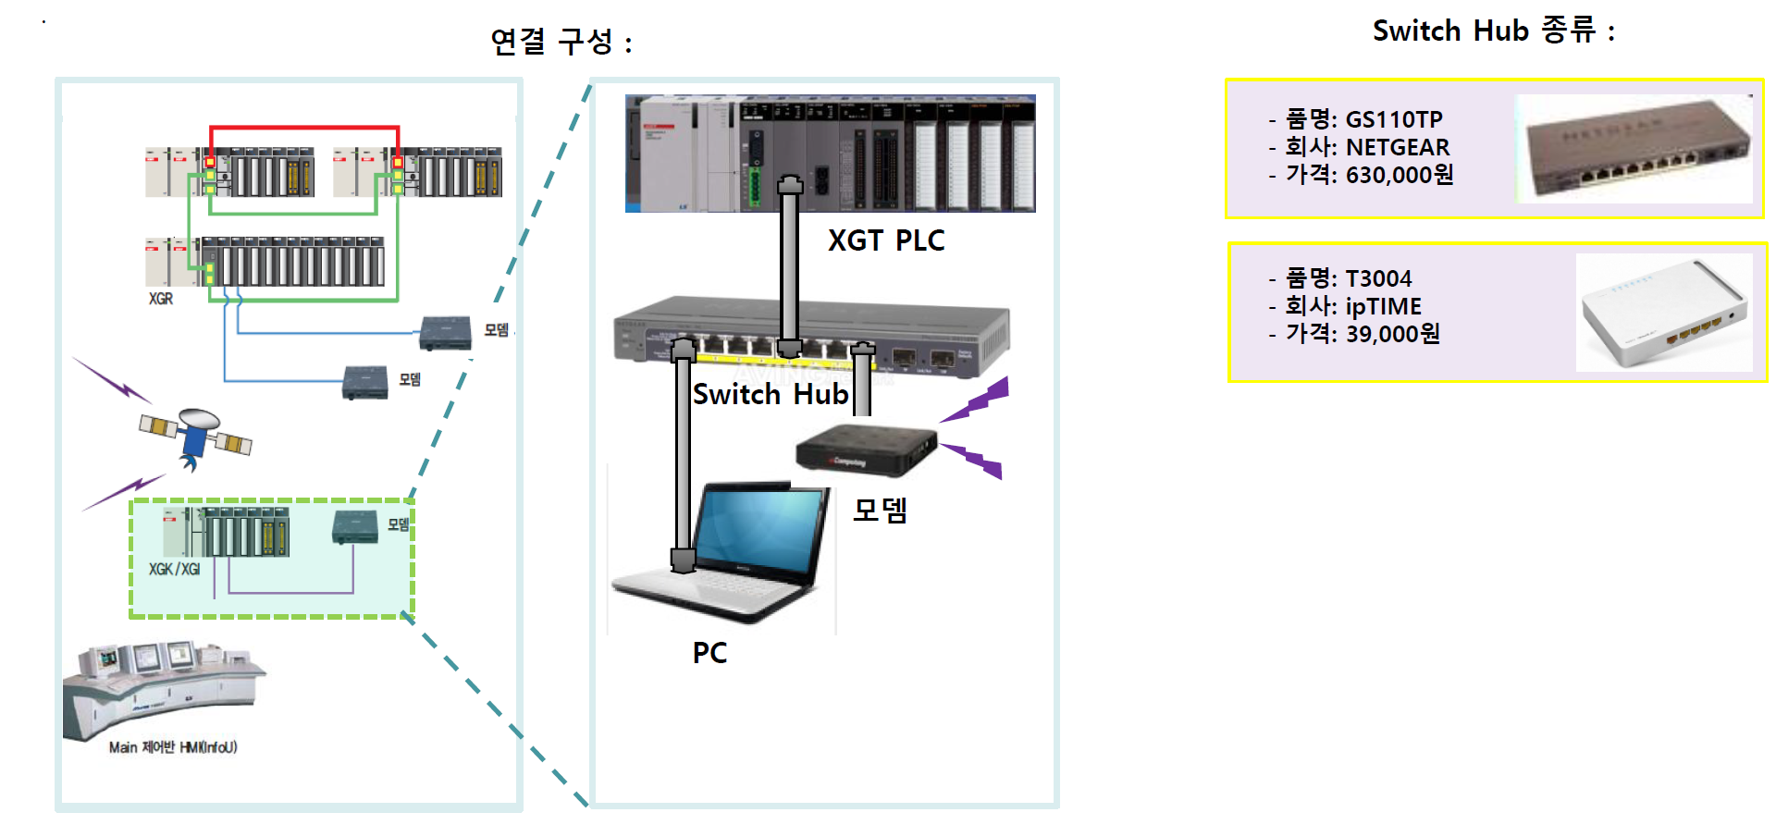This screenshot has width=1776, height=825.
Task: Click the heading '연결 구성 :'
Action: pyautogui.click(x=561, y=42)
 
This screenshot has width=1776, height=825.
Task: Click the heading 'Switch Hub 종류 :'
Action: pyautogui.click(x=1493, y=31)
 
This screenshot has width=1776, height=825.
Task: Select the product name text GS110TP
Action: pyautogui.click(x=1393, y=119)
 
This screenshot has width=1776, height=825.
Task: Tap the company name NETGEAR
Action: pyautogui.click(x=1397, y=147)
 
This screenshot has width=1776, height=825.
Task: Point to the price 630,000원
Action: pyautogui.click(x=1399, y=175)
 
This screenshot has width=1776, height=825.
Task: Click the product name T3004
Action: pyautogui.click(x=1378, y=278)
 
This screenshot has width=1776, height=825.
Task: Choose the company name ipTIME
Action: pyautogui.click(x=1383, y=306)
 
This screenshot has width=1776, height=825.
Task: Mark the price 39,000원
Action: pyautogui.click(x=1392, y=334)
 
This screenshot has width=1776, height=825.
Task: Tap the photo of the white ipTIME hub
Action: pyautogui.click(x=1663, y=313)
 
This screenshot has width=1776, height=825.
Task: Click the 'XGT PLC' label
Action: pyautogui.click(x=885, y=241)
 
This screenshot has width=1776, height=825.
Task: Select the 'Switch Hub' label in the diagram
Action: pyautogui.click(x=770, y=395)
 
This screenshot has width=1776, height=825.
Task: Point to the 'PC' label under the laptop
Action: pyautogui.click(x=709, y=653)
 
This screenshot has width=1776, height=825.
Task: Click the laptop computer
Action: pyautogui.click(x=731, y=555)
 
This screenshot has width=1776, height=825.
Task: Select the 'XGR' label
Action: pyautogui.click(x=161, y=299)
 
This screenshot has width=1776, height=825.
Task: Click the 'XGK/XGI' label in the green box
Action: pyautogui.click(x=174, y=570)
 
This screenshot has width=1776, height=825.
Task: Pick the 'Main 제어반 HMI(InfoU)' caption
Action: pyautogui.click(x=173, y=747)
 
